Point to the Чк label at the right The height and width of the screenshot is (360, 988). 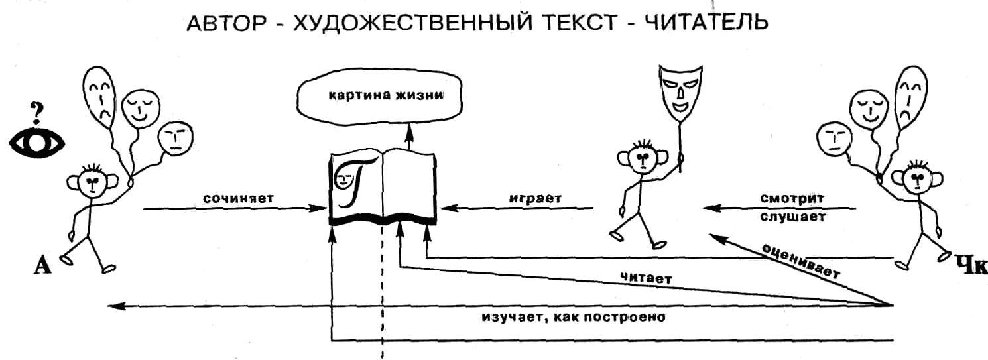[969, 265]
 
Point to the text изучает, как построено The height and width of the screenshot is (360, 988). [573, 316]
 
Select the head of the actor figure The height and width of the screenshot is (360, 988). [641, 159]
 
